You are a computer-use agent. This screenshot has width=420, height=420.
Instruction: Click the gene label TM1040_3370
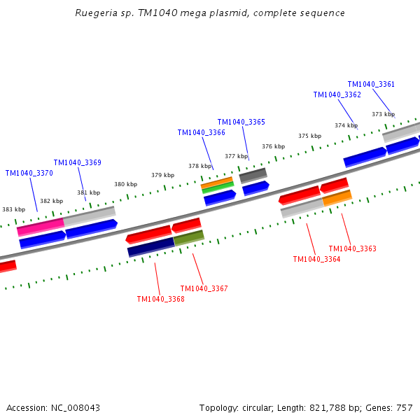(x=29, y=173)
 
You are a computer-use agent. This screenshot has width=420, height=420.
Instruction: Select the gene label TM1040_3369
(x=78, y=162)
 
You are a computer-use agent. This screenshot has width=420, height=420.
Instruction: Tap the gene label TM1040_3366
(x=202, y=132)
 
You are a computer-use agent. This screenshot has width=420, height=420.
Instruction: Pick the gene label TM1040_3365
(x=241, y=122)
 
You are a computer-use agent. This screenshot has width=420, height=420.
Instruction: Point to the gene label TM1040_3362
(x=337, y=94)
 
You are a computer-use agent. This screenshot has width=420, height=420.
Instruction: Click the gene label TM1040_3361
(x=371, y=84)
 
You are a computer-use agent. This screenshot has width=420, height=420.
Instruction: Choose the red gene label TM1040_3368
(x=161, y=299)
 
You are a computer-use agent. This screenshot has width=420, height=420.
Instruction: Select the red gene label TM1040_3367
(x=204, y=288)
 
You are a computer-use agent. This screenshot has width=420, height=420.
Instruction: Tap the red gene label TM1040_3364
(x=316, y=259)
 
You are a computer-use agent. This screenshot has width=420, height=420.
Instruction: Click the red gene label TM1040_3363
(x=352, y=248)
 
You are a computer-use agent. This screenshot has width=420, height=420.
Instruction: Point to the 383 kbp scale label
(x=13, y=209)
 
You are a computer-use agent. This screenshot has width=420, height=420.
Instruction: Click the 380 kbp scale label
(x=126, y=184)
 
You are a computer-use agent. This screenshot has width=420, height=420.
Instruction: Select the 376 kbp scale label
(x=274, y=146)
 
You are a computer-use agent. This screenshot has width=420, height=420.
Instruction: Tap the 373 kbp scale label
(x=383, y=114)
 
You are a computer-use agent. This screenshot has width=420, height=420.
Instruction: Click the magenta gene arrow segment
(x=40, y=227)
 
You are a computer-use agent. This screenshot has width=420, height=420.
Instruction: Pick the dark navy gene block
(x=150, y=246)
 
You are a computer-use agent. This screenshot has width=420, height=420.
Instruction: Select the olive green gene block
(x=189, y=238)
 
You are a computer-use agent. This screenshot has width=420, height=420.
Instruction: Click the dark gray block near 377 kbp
(x=253, y=175)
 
